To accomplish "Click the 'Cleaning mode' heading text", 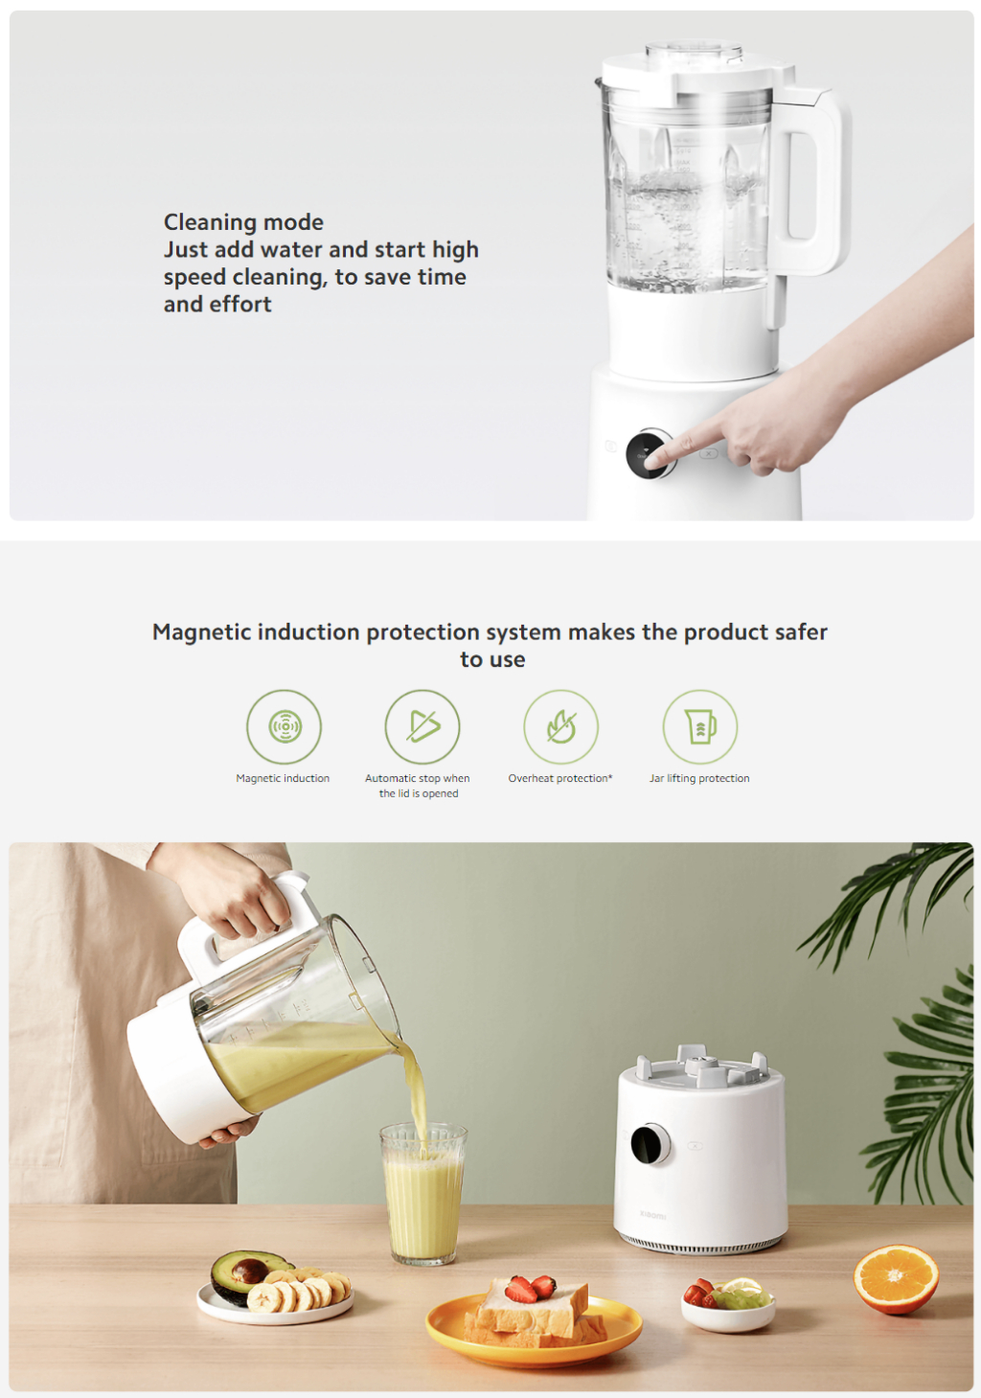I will tap(243, 222).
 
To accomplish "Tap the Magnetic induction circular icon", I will tap(284, 726).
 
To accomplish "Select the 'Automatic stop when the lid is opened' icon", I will tap(422, 726).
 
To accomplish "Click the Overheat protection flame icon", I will tap(561, 726).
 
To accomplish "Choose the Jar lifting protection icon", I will tap(700, 726).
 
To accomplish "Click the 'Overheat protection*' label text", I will tap(560, 778).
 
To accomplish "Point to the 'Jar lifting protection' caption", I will tap(699, 778).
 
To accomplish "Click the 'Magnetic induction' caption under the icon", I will tap(283, 778).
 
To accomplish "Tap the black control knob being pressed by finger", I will tap(649, 454).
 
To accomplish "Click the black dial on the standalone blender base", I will tap(650, 1144).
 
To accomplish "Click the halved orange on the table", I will tap(896, 1278).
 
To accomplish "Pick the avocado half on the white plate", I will tap(247, 1273).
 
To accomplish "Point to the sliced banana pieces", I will tap(302, 1292).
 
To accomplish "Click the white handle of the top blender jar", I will tap(814, 182).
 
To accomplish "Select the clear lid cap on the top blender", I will tap(694, 51).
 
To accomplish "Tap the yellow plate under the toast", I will tap(533, 1337).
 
